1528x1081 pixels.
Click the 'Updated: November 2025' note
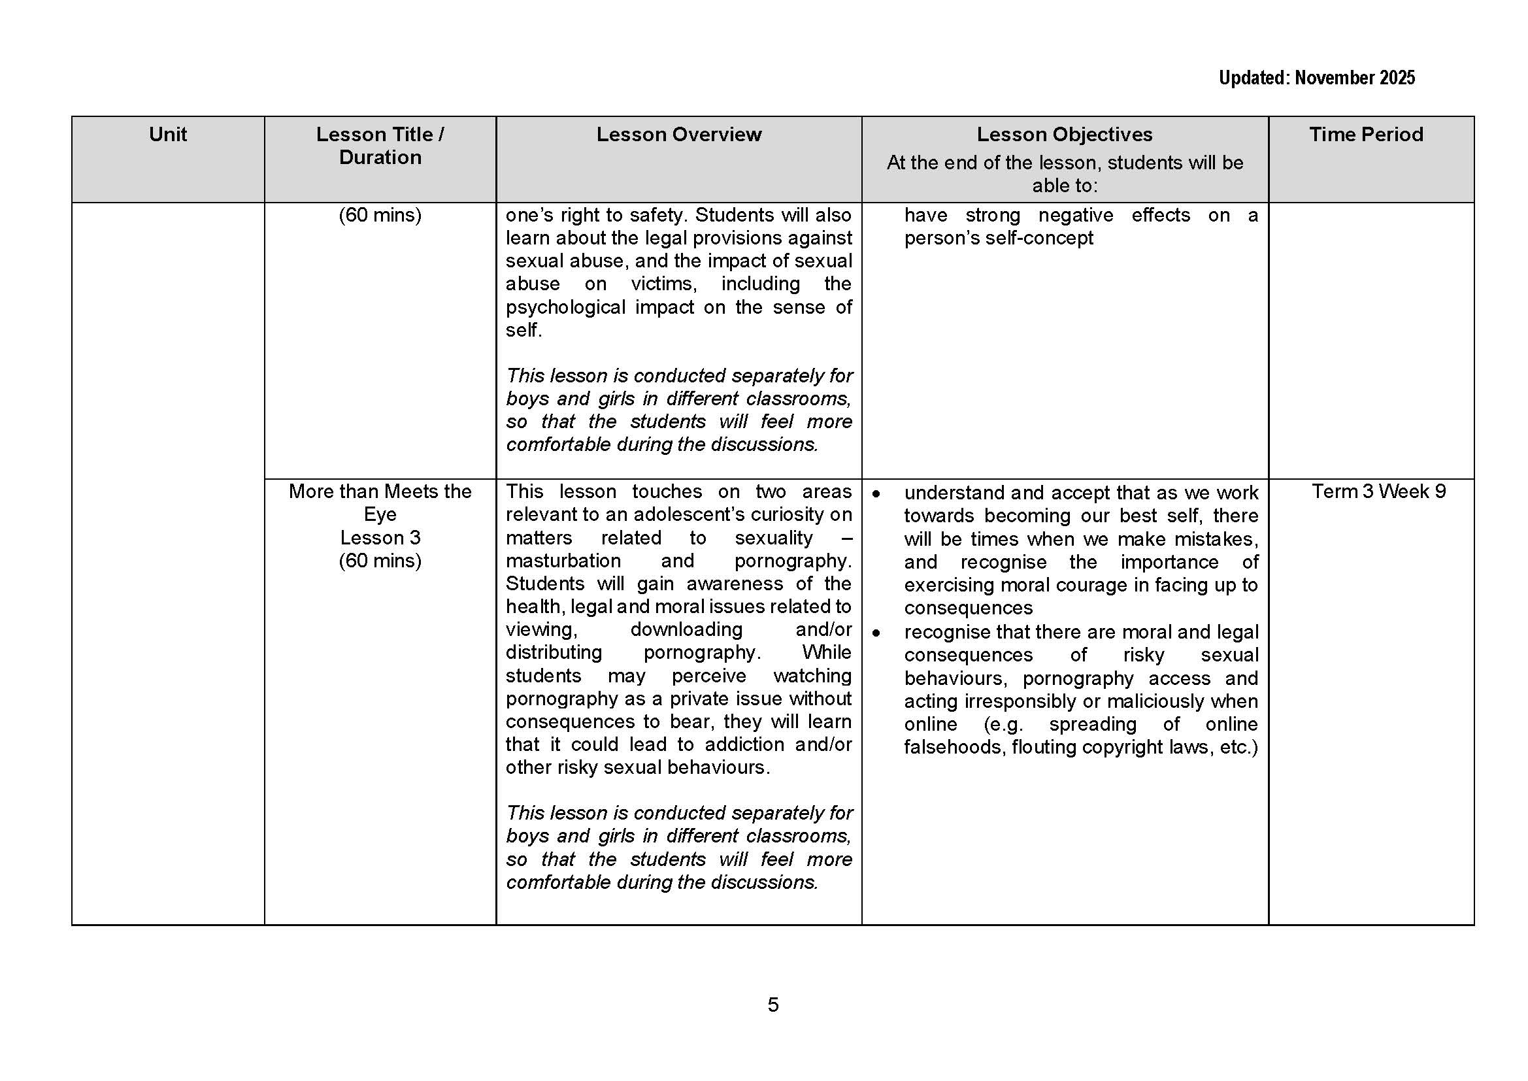[x=1316, y=78]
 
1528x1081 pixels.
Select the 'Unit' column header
[x=168, y=135]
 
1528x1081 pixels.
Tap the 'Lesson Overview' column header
[x=678, y=135]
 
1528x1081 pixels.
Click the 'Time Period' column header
[x=1366, y=135]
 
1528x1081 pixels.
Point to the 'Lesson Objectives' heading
[x=1064, y=135]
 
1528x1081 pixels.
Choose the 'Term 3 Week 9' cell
[x=1378, y=491]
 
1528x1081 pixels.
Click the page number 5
[x=772, y=1005]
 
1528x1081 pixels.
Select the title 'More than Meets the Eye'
[x=380, y=503]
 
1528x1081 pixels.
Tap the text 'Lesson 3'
[x=380, y=537]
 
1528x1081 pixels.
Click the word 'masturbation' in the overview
[x=563, y=561]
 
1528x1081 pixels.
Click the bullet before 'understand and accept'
[x=876, y=494]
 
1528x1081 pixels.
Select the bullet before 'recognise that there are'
[x=876, y=633]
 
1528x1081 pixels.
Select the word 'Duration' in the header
[x=380, y=158]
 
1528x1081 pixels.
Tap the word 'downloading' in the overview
[x=686, y=629]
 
